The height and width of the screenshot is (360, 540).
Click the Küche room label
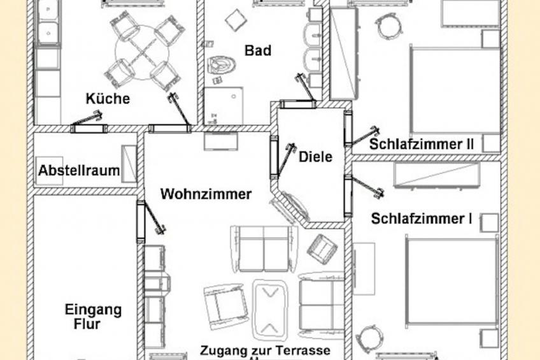coord(108,99)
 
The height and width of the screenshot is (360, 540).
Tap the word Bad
coord(257,50)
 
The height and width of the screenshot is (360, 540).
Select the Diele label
coord(315,157)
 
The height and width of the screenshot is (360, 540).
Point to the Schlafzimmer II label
coord(422,144)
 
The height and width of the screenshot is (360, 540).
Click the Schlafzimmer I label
coord(422,219)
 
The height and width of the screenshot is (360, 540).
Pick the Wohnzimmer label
coord(206,194)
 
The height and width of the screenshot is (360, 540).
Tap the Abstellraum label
coord(79,171)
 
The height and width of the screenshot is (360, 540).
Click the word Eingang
coord(93,310)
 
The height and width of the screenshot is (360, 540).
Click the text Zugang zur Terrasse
coord(265,350)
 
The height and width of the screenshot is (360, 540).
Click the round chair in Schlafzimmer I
coord(369,337)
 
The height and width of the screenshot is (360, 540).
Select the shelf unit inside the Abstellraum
coord(129,164)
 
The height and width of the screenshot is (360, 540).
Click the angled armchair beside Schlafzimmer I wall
coord(321,248)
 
